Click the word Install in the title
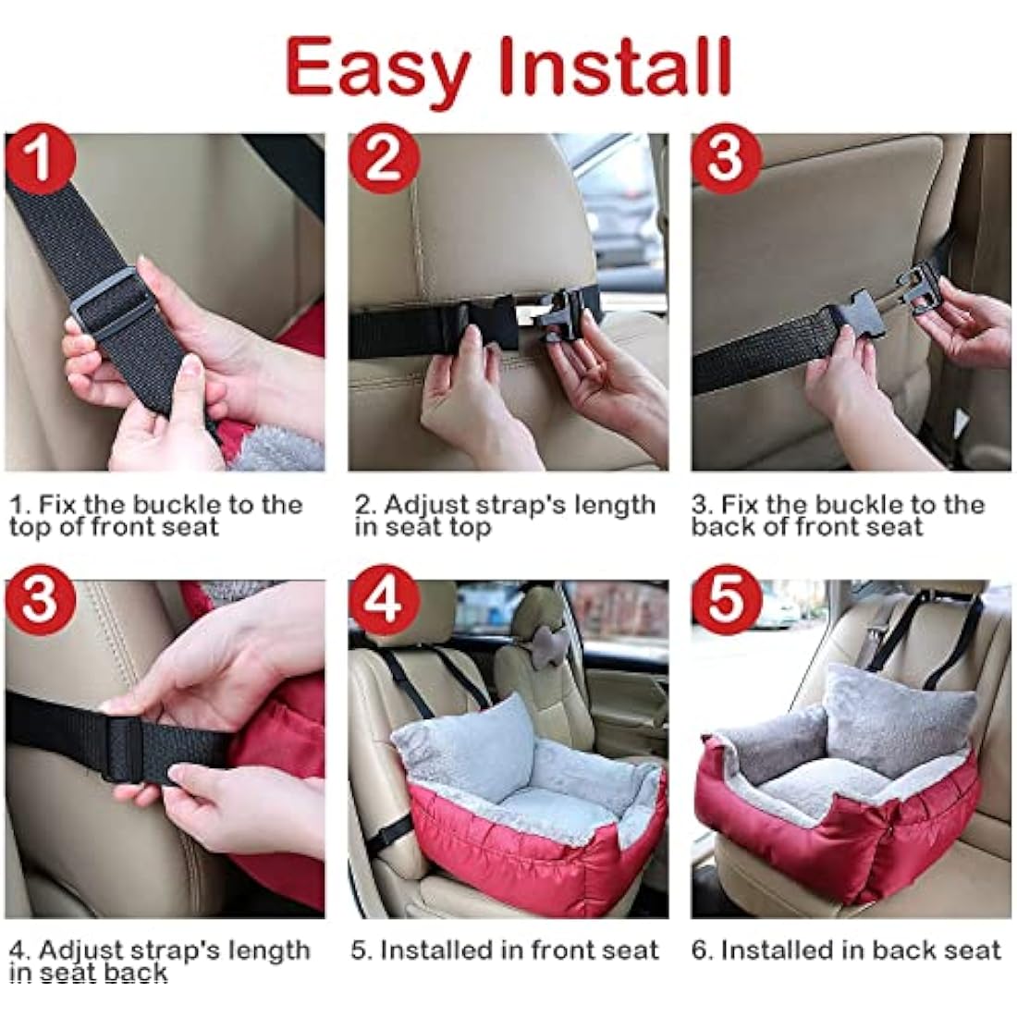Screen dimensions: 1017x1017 click(x=615, y=67)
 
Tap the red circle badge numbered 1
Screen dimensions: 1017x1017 click(x=39, y=160)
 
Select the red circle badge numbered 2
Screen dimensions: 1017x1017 click(x=382, y=160)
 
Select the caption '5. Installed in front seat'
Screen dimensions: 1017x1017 click(x=505, y=950)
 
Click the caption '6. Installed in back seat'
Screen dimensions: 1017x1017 click(x=846, y=950)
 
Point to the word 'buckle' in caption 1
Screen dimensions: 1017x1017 click(x=178, y=505)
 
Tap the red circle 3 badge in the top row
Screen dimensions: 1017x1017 click(x=726, y=160)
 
